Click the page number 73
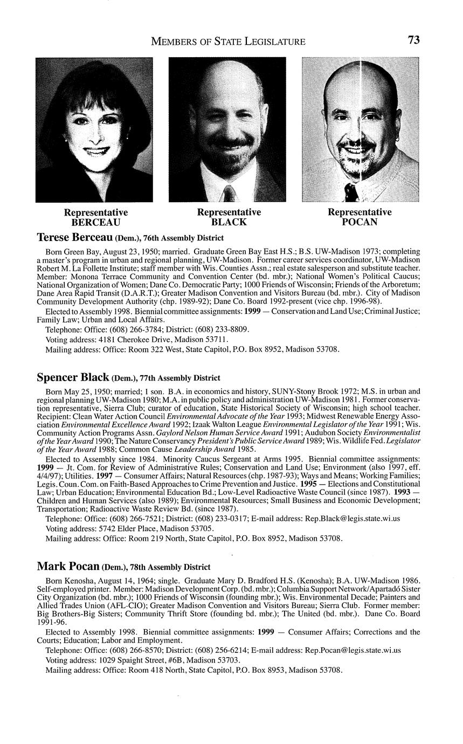(x=413, y=40)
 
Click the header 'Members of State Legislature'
(x=228, y=42)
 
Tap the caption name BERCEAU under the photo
(x=96, y=222)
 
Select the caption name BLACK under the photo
(x=229, y=222)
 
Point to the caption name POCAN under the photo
(x=360, y=222)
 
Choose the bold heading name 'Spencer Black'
(x=73, y=377)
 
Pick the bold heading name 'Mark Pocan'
(x=68, y=567)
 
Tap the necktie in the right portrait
(x=351, y=191)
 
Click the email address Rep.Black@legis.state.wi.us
(x=353, y=519)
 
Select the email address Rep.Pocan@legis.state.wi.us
(x=353, y=650)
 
